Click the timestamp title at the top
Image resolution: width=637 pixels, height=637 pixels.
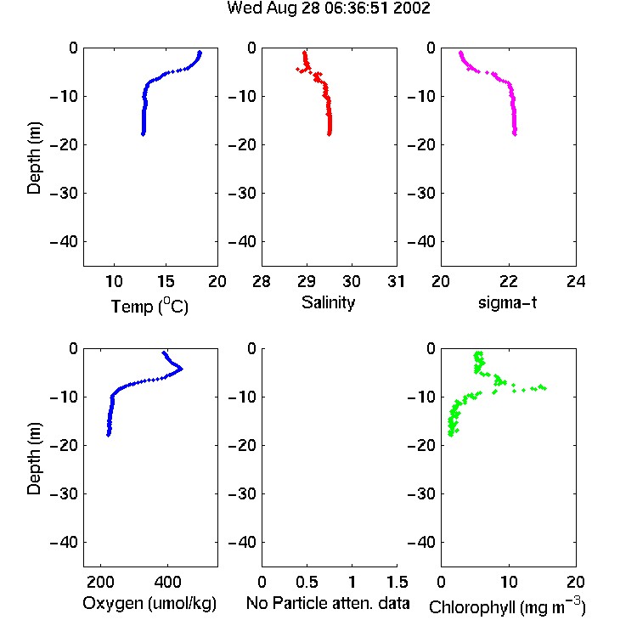point(328,8)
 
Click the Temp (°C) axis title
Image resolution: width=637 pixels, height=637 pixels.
point(149,306)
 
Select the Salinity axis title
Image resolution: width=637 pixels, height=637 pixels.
point(328,302)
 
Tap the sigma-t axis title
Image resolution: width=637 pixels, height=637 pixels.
point(507,302)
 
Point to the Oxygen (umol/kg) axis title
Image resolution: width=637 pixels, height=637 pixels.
point(149,604)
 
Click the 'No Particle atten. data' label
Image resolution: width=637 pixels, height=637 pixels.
point(328,603)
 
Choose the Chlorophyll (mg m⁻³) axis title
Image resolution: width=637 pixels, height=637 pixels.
point(507,606)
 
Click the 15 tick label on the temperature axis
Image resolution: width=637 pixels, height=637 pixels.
point(166,281)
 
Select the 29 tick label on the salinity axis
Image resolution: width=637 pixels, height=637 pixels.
point(307,281)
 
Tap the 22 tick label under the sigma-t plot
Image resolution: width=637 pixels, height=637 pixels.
point(508,281)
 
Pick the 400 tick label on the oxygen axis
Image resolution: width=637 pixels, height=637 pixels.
point(167,582)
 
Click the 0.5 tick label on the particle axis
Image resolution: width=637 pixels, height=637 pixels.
point(307,582)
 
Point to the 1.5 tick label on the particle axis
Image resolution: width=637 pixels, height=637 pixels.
point(397,582)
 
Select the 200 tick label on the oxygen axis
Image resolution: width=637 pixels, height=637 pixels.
point(100,582)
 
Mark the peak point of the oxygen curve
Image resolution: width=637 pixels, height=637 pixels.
point(181,369)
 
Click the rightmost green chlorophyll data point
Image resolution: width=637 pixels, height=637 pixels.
point(544,388)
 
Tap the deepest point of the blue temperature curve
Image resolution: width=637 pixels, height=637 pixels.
point(143,133)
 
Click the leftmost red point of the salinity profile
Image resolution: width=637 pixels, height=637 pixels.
point(297,70)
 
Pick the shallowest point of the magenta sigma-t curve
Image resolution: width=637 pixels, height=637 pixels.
point(460,53)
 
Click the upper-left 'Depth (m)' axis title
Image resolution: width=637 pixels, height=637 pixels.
point(34,158)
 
